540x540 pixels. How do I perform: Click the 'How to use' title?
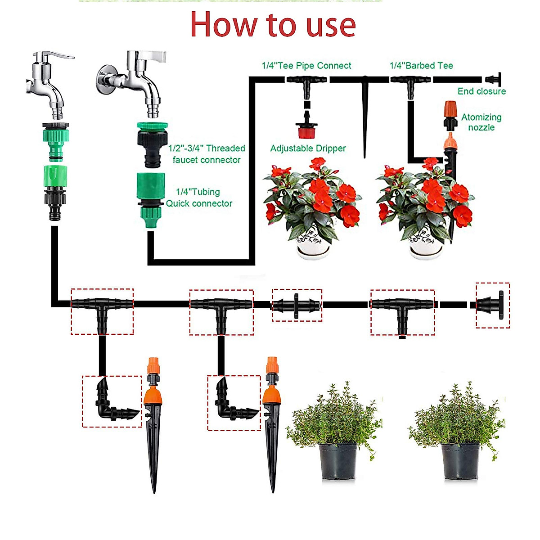coord(273,25)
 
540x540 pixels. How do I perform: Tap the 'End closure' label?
coord(481,91)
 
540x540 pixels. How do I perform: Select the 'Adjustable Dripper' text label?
coord(308,148)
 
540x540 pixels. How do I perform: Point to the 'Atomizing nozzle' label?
coord(481,122)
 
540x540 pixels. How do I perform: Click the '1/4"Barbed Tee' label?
coord(421,66)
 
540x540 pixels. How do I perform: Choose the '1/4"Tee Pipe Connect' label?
coord(306,66)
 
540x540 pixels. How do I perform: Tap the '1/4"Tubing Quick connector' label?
coord(199,198)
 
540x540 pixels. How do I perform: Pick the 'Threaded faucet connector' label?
coord(207,154)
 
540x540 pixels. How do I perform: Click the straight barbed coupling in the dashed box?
coord(297,306)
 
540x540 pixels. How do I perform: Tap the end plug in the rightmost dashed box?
coord(492,305)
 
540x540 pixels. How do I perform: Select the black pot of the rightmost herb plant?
coord(460,462)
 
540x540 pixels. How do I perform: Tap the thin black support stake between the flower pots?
coord(365,117)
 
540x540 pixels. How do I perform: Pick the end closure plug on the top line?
coord(495,80)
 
